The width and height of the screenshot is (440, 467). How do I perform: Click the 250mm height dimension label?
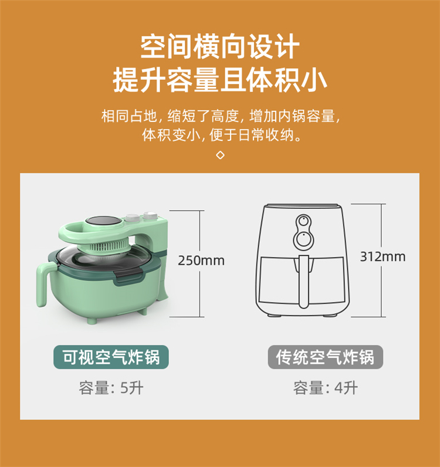(x=201, y=260)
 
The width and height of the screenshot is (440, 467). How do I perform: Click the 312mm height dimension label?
(x=383, y=256)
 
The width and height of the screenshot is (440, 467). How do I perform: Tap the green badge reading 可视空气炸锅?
(x=111, y=357)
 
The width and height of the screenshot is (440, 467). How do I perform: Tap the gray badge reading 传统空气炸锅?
(x=326, y=357)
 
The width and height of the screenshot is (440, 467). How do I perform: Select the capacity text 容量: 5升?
(x=111, y=388)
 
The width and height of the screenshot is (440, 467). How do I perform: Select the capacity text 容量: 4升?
(x=326, y=388)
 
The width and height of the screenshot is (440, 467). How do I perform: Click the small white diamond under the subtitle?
(x=220, y=155)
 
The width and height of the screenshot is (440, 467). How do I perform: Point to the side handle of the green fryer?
(x=44, y=283)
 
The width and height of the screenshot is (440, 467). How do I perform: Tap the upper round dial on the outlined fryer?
(x=303, y=222)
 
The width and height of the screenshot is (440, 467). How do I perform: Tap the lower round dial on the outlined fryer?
(x=303, y=239)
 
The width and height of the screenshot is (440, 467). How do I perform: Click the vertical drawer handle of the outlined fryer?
(x=303, y=282)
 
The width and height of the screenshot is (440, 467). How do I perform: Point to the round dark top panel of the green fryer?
(x=104, y=221)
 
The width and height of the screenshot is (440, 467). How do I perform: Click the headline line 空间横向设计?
(x=220, y=47)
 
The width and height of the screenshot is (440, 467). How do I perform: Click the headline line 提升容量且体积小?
(x=220, y=80)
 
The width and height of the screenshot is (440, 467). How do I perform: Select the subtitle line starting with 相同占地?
(x=220, y=116)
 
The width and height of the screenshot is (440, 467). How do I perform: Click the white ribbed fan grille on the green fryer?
(x=111, y=246)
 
